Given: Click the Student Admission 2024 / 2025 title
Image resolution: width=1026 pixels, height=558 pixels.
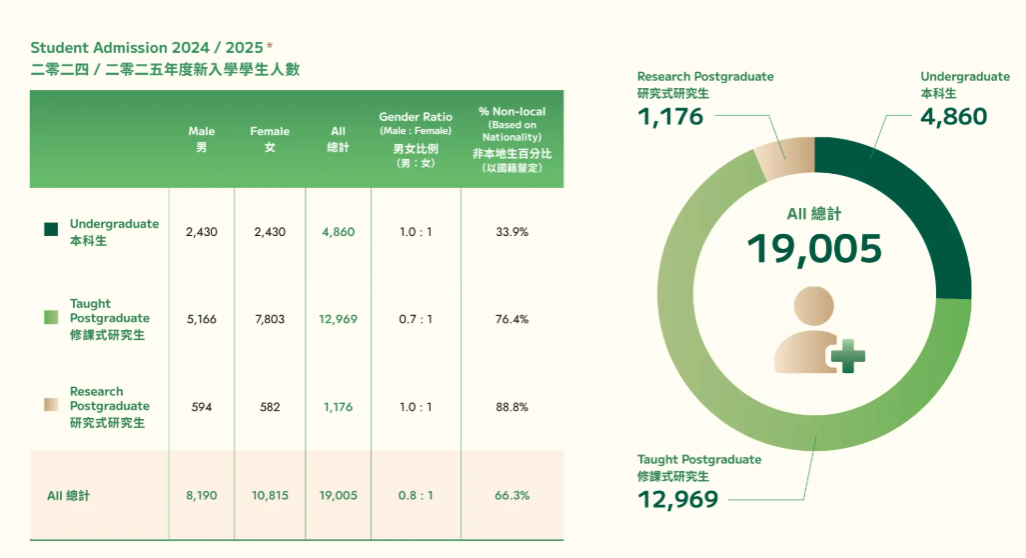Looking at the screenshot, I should (151, 47).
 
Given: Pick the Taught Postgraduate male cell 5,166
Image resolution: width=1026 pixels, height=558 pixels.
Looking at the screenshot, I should (202, 319).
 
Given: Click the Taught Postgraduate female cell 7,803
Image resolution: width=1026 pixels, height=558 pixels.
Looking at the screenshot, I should (270, 319).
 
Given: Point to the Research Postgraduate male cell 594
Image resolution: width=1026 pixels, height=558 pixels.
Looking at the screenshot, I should (202, 407).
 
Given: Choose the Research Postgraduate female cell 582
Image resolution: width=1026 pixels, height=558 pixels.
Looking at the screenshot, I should (270, 407).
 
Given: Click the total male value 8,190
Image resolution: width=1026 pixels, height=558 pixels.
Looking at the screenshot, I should (202, 495).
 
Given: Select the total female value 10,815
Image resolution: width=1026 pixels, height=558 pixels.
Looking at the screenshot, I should (270, 495).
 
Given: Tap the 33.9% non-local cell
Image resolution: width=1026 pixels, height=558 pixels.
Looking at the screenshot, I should (512, 232).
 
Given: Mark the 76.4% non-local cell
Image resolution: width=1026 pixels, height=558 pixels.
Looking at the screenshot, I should (512, 319).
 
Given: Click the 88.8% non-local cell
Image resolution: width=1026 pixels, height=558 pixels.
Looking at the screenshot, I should (512, 407).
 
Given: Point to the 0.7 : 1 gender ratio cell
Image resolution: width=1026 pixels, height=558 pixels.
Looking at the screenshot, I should (416, 319).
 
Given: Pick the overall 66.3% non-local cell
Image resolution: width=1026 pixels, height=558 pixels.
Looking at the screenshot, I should (512, 495).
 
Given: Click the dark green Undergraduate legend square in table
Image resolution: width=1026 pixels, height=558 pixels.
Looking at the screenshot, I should (52, 230).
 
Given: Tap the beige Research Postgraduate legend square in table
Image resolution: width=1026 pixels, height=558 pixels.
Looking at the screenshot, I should (52, 405).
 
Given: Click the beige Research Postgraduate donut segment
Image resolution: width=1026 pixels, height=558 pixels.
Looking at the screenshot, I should (783, 160).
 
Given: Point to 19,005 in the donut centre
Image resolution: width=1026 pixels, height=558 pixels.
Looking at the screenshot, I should (814, 249).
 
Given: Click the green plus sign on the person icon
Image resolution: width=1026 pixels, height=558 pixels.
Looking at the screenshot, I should (848, 355).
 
